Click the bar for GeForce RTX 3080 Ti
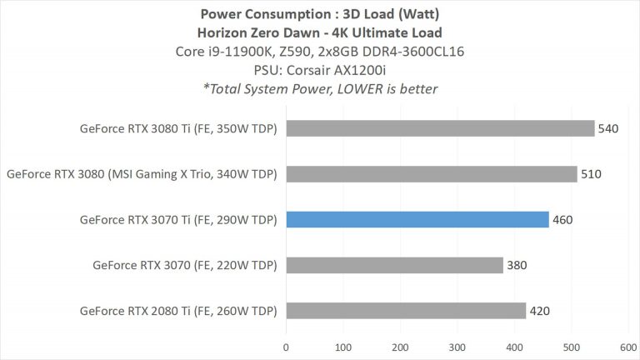[x=440, y=128]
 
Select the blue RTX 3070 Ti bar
[x=417, y=220]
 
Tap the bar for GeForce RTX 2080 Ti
[x=406, y=311]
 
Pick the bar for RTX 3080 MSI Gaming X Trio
[x=432, y=174]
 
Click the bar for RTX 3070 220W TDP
[x=394, y=265]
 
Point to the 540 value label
[x=607, y=128]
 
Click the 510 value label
[x=591, y=174]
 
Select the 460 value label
[x=562, y=220]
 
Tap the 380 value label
[x=517, y=265]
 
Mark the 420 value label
[x=539, y=311]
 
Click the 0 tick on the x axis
[x=287, y=346]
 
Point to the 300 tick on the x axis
[x=457, y=346]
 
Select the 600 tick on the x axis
[x=628, y=346]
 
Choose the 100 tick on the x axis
[x=343, y=346]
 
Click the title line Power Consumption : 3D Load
[x=320, y=13]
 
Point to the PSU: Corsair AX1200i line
[x=320, y=70]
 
